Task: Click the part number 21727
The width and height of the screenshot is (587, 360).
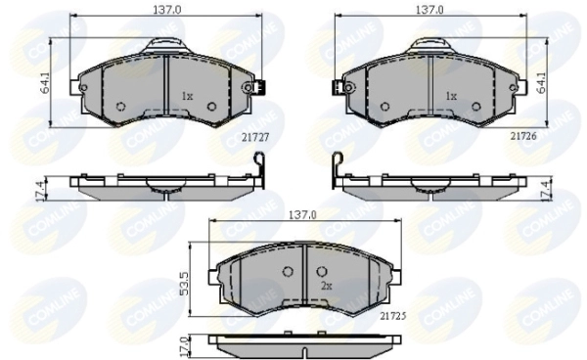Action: point(255,138)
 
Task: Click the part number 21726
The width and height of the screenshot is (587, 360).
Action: point(523,136)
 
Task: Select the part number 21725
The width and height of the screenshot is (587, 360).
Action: point(393,316)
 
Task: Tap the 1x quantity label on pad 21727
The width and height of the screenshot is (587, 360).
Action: point(187,97)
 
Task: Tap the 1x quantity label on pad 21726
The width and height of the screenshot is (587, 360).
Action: point(451,97)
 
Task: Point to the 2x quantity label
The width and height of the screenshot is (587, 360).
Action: point(327,287)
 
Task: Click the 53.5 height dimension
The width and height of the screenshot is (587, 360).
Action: point(185,284)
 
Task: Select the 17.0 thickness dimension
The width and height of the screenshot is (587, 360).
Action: point(185,347)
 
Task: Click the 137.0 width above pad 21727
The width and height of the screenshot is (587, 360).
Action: point(167,10)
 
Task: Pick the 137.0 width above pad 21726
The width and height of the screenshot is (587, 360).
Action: point(429,10)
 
